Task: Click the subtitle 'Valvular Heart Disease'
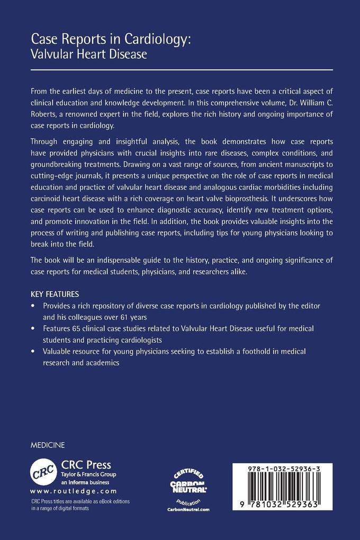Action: point(89,53)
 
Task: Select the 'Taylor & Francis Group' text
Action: point(88,475)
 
